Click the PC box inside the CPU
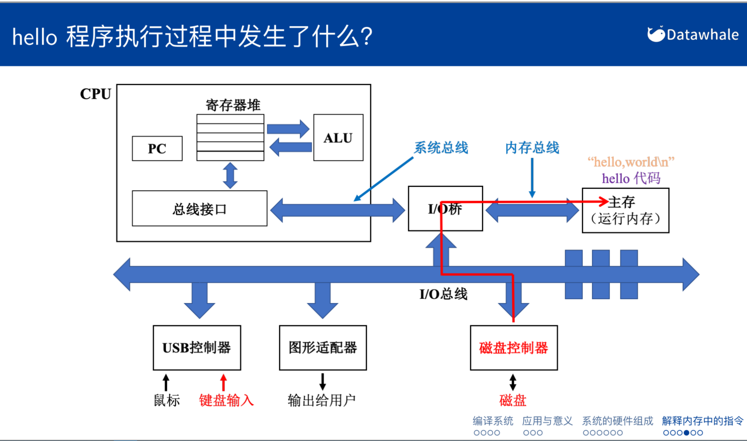tap(157, 148)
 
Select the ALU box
tap(338, 137)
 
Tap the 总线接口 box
tap(199, 208)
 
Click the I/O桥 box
tap(445, 208)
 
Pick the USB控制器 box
tap(197, 348)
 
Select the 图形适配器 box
tap(323, 348)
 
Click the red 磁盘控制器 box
tap(514, 348)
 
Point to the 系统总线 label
tap(441, 148)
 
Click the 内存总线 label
tap(532, 148)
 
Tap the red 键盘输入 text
tap(227, 400)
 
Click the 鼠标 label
tap(167, 400)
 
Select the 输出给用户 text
tap(322, 400)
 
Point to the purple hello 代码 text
tap(631, 178)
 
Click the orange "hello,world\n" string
tap(631, 162)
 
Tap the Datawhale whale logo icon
tap(656, 34)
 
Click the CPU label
tap(95, 94)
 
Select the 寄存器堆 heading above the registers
tap(233, 106)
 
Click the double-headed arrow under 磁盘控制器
tap(513, 382)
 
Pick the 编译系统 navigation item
tap(493, 421)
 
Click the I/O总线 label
tap(443, 294)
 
